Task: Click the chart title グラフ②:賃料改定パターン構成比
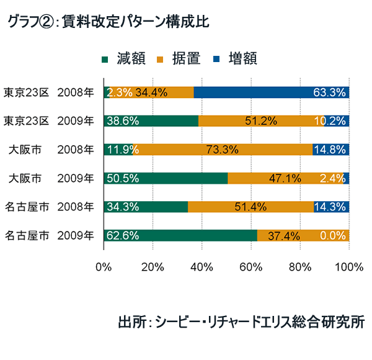(108, 22)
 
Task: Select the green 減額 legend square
(104, 59)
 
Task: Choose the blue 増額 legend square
(216, 59)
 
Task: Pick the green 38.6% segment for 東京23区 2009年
(151, 121)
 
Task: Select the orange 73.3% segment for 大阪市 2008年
(222, 150)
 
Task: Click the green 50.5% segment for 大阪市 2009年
(166, 178)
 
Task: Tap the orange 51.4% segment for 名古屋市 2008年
(250, 207)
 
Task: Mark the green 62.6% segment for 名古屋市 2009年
(180, 235)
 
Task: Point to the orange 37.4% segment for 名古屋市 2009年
(303, 235)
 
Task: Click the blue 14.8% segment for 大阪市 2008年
(331, 150)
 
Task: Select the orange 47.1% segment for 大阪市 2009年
(285, 178)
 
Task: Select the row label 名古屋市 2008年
(49, 207)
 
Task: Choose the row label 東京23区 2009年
(49, 121)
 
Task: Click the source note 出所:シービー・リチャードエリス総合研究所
(241, 323)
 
